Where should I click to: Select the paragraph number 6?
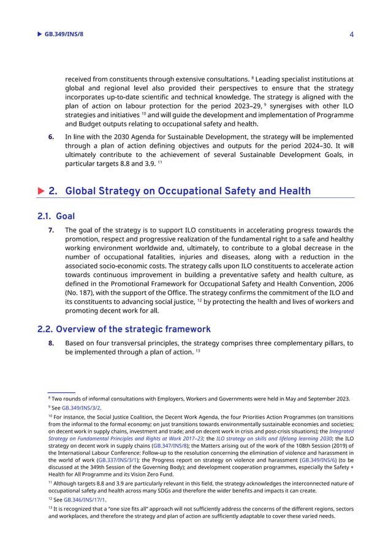(x=51, y=136)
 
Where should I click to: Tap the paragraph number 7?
(x=51, y=230)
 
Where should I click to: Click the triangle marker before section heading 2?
(x=41, y=191)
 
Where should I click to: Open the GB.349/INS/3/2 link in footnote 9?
(x=81, y=407)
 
